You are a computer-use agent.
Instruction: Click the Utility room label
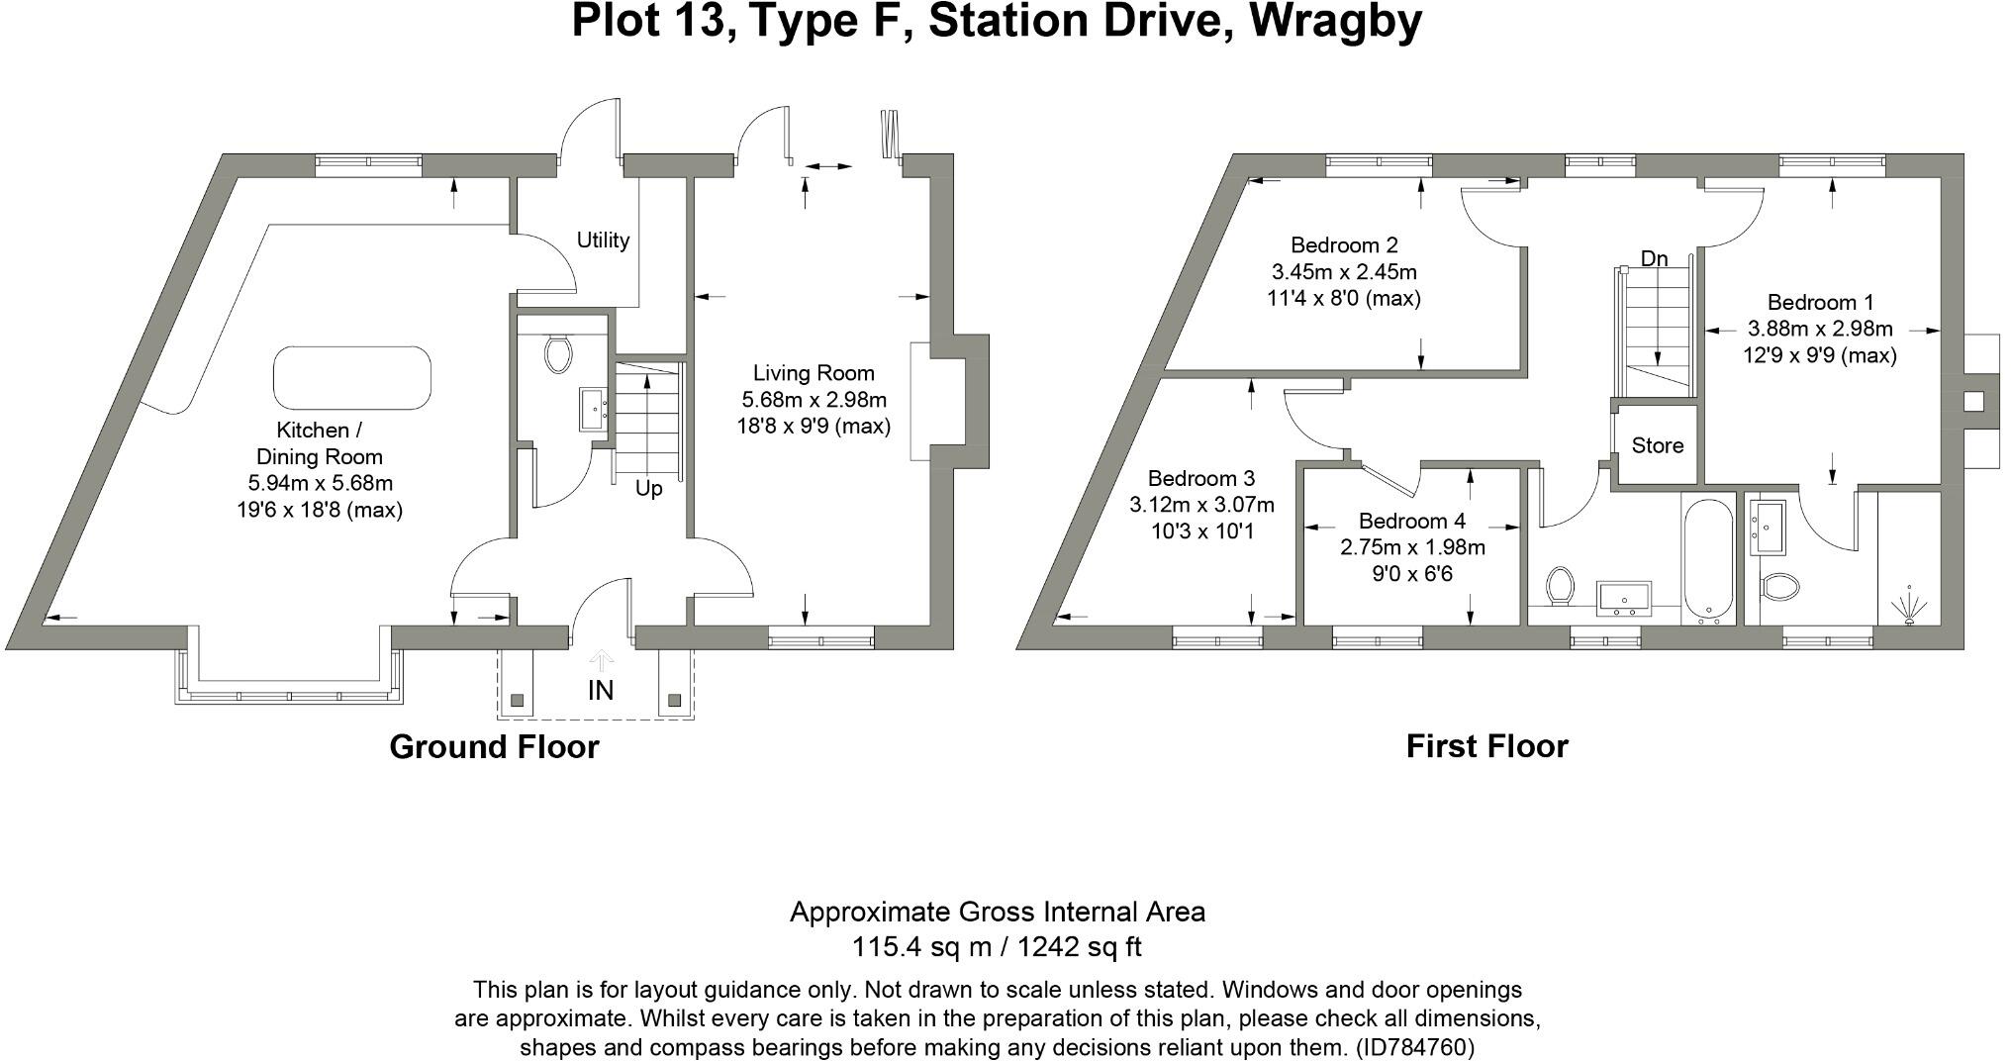coord(603,240)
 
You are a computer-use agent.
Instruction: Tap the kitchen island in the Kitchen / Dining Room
coord(351,377)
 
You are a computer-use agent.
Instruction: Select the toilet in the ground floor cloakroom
coord(558,353)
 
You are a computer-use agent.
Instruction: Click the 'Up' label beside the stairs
coord(648,489)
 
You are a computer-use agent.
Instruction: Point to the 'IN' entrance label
coord(601,690)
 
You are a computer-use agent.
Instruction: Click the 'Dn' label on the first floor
coord(1654,259)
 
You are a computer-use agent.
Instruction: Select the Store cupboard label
coord(1657,445)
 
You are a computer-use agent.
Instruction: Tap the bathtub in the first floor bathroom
coord(1707,560)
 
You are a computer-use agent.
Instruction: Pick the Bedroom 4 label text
coord(1411,521)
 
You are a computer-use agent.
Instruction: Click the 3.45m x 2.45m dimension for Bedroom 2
coord(1343,271)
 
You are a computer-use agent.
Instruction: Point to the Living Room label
coord(814,373)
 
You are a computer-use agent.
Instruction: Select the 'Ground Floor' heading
coord(494,746)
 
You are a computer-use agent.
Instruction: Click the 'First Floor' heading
coord(1486,746)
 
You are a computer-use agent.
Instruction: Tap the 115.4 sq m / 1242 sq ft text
coord(997,947)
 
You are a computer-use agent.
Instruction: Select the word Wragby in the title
coord(1335,22)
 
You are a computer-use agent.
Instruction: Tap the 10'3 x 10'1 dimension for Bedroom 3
coord(1201,531)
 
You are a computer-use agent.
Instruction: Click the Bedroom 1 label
coord(1820,303)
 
